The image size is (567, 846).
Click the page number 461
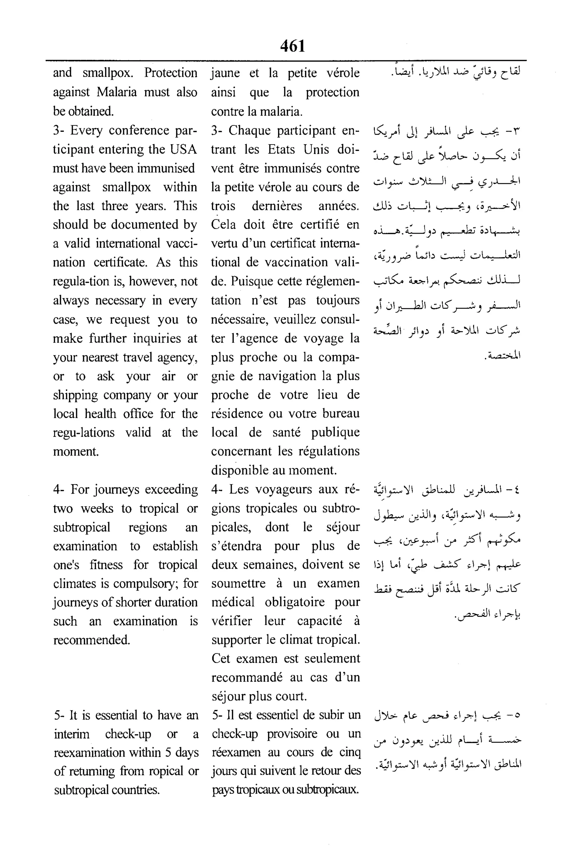(x=292, y=46)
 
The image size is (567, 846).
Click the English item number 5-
(x=60, y=715)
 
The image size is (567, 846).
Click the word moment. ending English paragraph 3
(x=76, y=451)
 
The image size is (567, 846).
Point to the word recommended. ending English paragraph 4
(x=91, y=640)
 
